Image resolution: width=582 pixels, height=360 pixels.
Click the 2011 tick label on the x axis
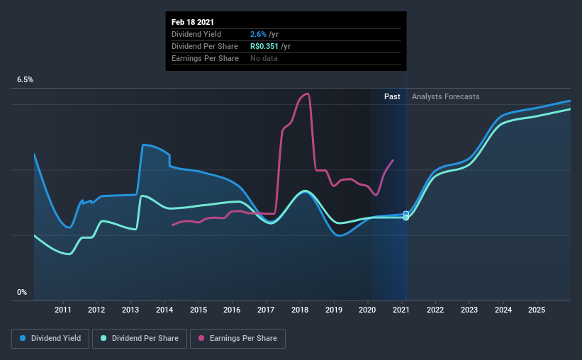63,310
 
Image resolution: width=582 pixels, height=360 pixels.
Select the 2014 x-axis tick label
164,310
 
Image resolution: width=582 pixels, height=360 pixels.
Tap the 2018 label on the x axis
300,310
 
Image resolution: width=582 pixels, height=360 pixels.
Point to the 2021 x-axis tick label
401,310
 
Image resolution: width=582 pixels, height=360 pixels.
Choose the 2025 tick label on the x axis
537,310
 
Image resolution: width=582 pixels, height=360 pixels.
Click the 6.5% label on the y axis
25,80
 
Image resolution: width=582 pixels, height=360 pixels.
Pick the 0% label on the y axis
22,292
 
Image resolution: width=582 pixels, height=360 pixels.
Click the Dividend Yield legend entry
50,339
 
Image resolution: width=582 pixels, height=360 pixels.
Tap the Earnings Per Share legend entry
237,339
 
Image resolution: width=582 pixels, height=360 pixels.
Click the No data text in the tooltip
264,58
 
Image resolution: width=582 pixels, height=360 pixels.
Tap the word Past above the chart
392,96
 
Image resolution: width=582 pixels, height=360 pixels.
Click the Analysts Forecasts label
445,96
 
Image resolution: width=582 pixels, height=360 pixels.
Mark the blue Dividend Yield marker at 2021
406,213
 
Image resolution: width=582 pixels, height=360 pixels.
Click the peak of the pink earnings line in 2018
307,93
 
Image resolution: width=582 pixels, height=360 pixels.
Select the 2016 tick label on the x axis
232,310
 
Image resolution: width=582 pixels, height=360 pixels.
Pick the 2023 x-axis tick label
469,310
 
